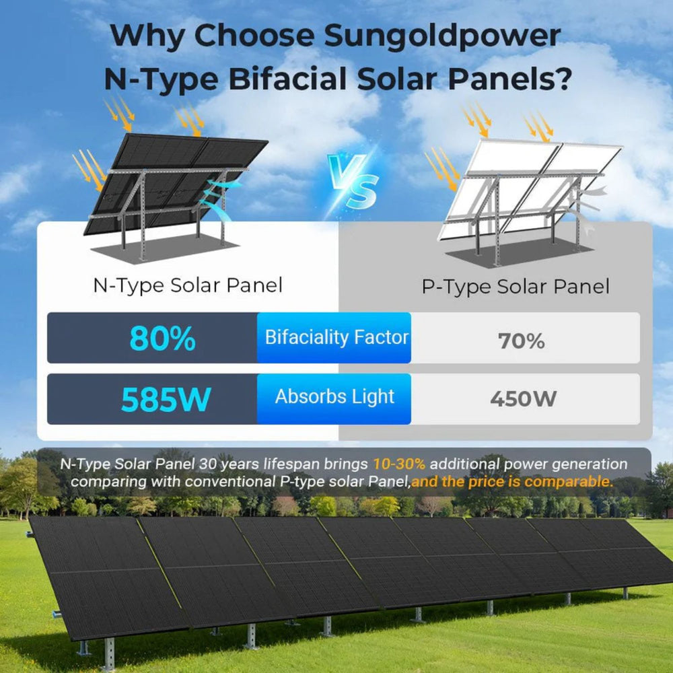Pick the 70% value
point(521,341)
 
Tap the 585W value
point(166,399)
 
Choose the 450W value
point(523,399)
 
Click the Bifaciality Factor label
point(336,337)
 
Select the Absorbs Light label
point(334,396)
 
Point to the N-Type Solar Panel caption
point(188,285)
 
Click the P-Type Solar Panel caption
point(515,287)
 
